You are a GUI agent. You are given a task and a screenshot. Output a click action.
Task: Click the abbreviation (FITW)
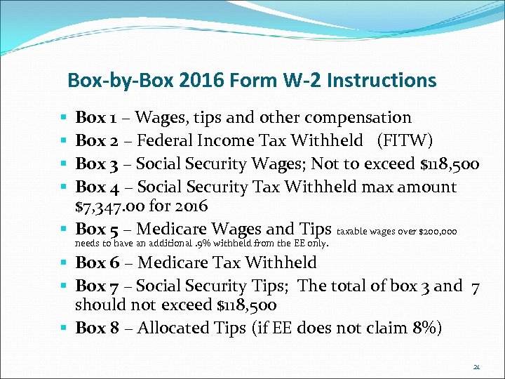pos(405,140)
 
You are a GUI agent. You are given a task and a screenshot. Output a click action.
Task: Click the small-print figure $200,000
pos(438,231)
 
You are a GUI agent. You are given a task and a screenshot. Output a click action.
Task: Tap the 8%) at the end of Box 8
pos(426,328)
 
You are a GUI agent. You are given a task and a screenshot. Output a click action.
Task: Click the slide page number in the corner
pos(476,366)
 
